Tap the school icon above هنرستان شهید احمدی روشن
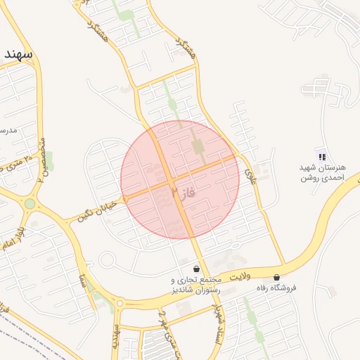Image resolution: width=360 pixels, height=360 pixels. (321, 157)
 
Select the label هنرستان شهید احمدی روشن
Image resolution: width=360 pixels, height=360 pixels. (320, 174)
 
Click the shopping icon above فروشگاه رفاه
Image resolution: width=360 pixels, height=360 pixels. (276, 278)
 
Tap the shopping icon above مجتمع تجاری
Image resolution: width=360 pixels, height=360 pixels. (195, 269)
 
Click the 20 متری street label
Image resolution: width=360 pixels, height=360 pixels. (17, 162)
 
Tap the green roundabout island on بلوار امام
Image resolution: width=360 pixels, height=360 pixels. (30, 204)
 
